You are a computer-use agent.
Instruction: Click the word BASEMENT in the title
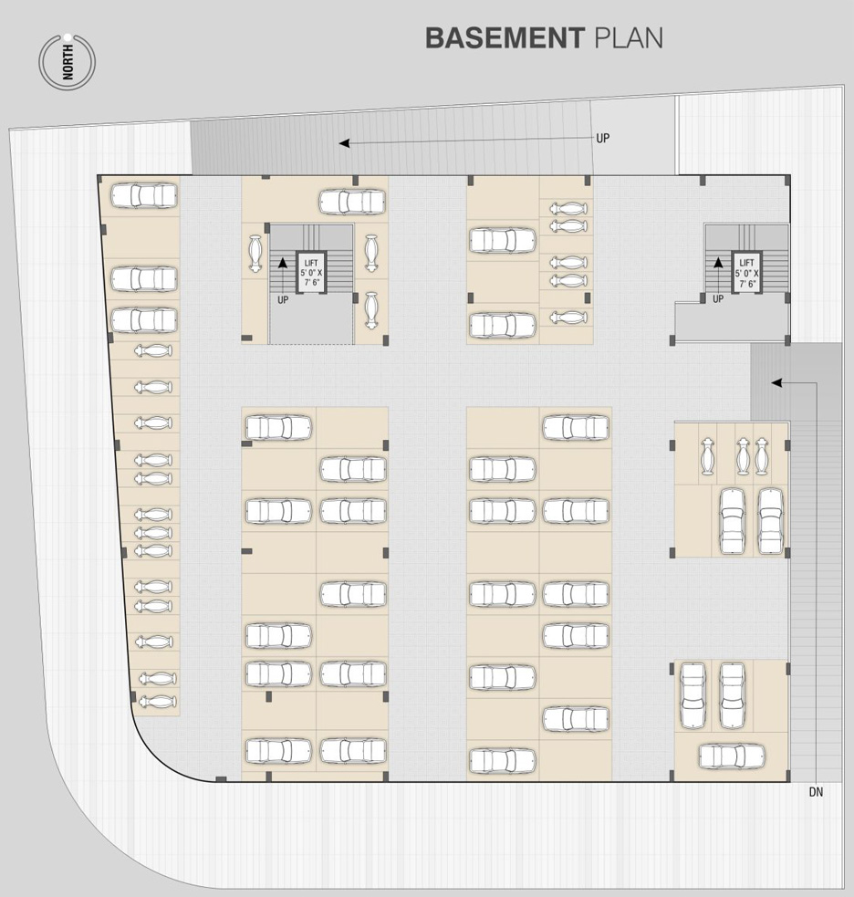(505, 37)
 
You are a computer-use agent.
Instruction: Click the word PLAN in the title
(630, 37)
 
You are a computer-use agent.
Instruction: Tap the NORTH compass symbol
(67, 62)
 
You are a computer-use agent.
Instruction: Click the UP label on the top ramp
(603, 138)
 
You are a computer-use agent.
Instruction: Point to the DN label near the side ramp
(816, 792)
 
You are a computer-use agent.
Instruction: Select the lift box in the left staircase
(311, 272)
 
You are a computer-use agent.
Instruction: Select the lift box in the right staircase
(746, 272)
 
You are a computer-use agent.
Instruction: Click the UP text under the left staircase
(283, 300)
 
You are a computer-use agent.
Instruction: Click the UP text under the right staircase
(718, 298)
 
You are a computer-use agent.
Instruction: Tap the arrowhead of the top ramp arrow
(344, 143)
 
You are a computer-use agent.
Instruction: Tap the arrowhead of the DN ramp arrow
(776, 382)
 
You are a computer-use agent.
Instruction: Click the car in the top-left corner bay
(143, 195)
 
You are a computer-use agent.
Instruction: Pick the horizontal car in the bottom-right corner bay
(732, 756)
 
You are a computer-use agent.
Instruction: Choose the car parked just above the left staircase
(352, 202)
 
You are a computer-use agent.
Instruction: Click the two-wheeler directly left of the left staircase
(255, 254)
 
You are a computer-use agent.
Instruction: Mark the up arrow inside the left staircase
(282, 275)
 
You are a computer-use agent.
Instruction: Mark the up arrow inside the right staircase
(718, 275)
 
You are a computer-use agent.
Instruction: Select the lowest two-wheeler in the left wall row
(157, 701)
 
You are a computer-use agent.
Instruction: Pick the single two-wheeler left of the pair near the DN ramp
(708, 456)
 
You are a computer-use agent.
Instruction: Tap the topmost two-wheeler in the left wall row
(152, 350)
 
